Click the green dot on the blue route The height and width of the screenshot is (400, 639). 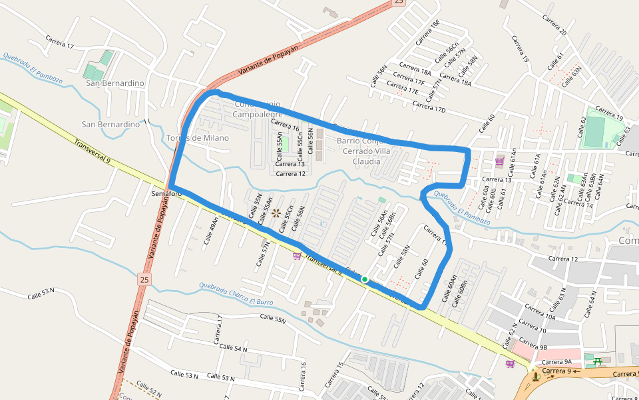[365, 279]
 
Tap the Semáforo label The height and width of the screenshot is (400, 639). [166, 194]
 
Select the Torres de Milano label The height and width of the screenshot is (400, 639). [198, 138]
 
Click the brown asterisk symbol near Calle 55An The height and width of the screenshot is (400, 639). [276, 213]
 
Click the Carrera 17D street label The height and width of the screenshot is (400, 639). [429, 107]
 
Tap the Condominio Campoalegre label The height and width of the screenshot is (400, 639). [256, 109]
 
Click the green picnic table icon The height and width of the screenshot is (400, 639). [598, 361]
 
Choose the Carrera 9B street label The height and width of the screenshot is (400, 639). [534, 347]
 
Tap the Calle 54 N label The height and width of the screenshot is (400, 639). [232, 349]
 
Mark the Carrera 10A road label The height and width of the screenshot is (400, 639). [540, 313]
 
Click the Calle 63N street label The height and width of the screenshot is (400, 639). [572, 76]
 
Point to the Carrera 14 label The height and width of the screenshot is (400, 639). [579, 205]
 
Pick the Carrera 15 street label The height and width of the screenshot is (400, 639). [334, 375]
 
